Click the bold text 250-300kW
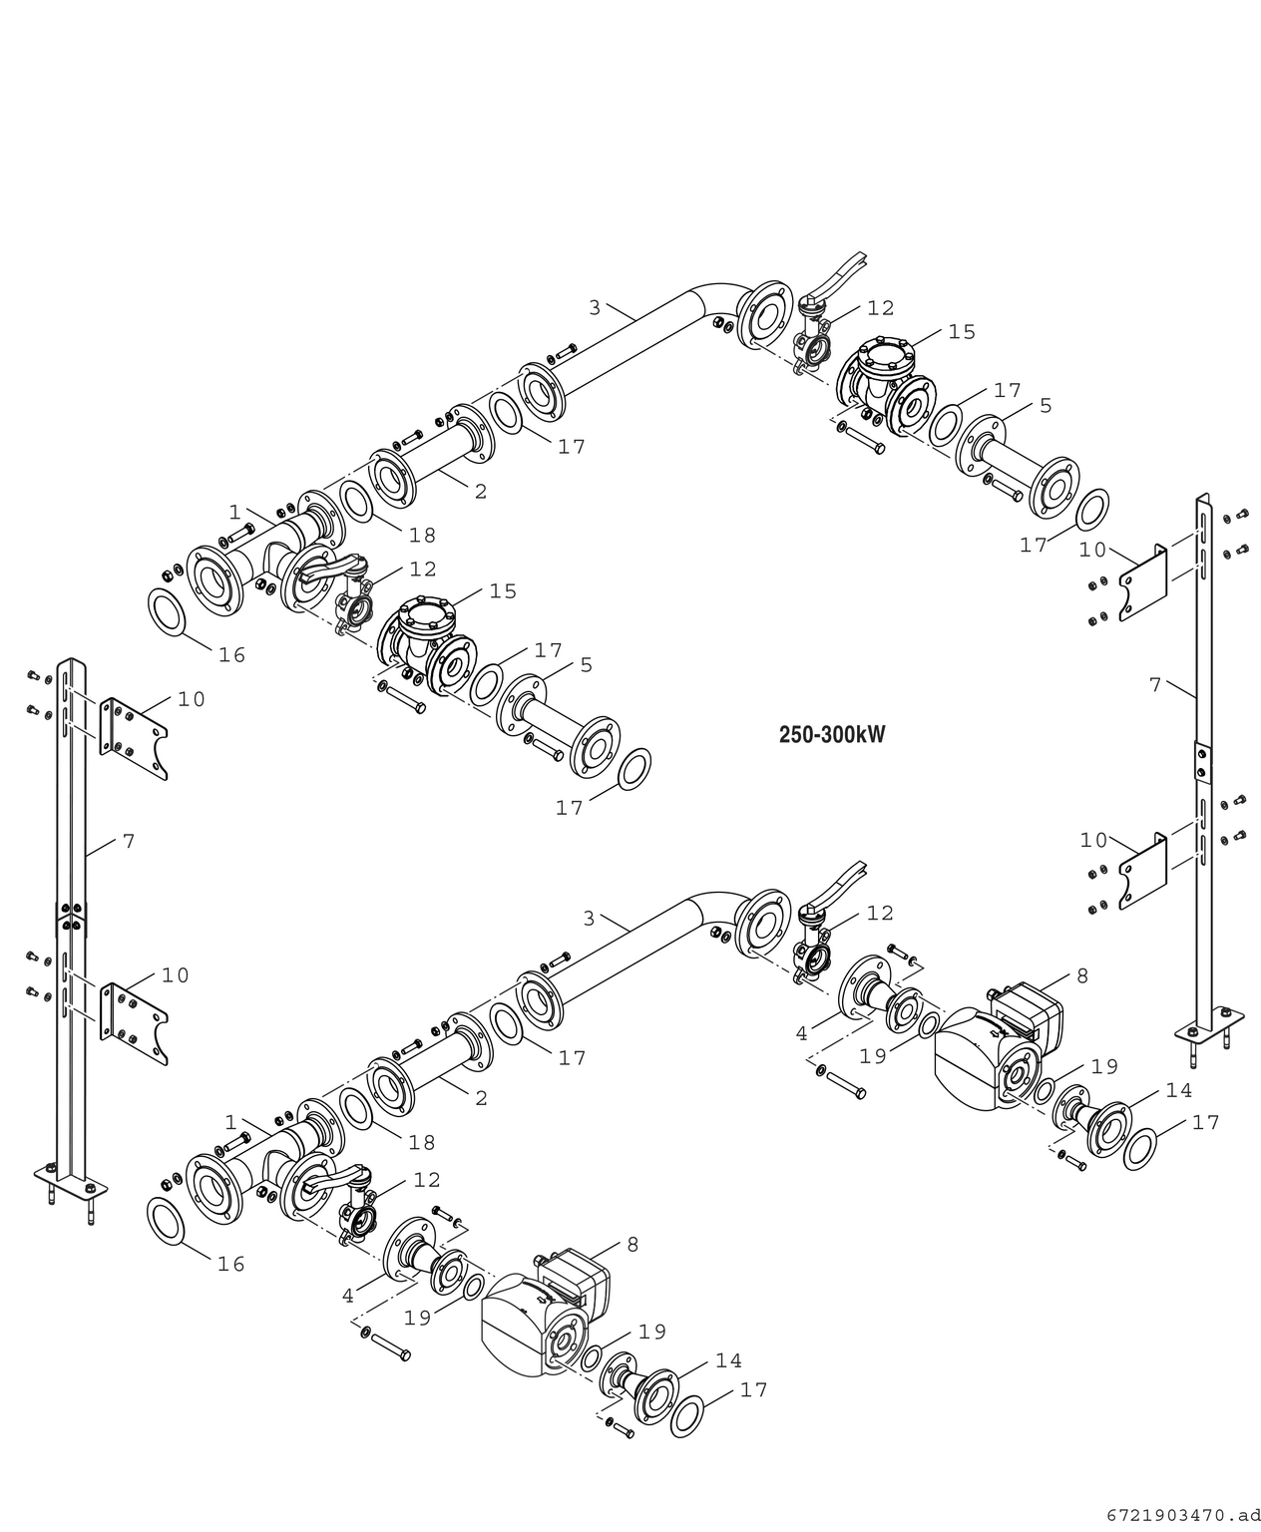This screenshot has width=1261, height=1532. click(x=831, y=735)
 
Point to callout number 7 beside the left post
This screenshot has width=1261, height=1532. click(x=128, y=842)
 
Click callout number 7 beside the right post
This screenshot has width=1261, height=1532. click(x=1154, y=685)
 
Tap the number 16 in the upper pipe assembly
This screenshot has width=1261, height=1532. click(x=231, y=655)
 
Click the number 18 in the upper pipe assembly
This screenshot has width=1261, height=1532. click(x=422, y=536)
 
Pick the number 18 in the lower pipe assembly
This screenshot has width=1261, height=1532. click(x=421, y=1143)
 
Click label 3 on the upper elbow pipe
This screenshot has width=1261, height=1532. click(x=595, y=308)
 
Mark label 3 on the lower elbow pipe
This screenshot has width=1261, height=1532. click(x=589, y=919)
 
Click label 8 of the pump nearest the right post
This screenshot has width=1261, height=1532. click(x=1081, y=976)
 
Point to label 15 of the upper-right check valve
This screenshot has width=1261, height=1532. click(x=961, y=332)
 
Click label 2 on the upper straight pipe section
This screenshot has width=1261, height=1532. click(x=480, y=492)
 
